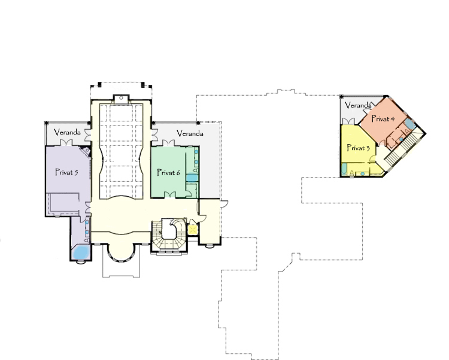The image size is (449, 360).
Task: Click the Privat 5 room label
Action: (66, 172)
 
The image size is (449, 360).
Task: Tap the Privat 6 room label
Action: (168, 172)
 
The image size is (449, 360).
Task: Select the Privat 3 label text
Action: (358, 148)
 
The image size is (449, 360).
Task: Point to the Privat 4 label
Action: (383, 118)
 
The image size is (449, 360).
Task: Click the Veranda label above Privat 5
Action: (67, 132)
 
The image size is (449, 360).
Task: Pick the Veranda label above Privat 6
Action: (190, 133)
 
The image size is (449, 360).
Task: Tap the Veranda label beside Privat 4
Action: (358, 105)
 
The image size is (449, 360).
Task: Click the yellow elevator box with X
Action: (193, 230)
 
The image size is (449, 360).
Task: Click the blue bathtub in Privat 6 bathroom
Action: (192, 178)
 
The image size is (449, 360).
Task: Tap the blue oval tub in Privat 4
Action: (410, 124)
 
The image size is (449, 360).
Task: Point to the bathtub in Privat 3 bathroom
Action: (344, 169)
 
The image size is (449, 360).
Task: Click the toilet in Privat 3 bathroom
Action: (351, 173)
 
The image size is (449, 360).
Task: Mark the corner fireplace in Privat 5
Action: (86, 151)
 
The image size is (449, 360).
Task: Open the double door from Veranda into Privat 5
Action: (67, 143)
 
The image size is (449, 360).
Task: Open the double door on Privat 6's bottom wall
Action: (170, 194)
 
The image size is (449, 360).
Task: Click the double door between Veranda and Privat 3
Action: (348, 121)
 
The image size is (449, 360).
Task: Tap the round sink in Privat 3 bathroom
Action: (363, 173)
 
